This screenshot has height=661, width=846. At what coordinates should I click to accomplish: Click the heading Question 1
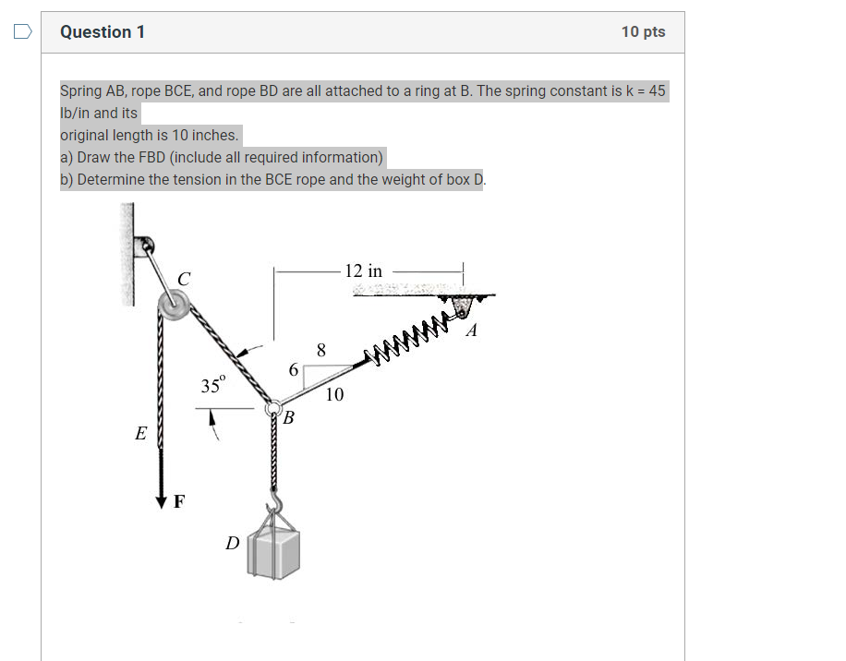(103, 32)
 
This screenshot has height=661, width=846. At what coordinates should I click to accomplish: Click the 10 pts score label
(643, 32)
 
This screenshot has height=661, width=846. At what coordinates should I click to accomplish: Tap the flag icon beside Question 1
(22, 32)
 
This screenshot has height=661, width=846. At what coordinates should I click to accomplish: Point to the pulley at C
(172, 304)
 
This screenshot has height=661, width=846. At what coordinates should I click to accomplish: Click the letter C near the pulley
(185, 278)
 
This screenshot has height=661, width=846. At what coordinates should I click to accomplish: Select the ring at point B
(273, 408)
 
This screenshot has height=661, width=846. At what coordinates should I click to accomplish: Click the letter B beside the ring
(288, 419)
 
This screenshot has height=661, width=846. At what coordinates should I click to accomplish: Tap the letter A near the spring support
(471, 331)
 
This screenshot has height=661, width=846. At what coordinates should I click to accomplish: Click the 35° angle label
(212, 386)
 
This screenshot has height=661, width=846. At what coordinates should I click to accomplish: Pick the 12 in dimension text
(363, 271)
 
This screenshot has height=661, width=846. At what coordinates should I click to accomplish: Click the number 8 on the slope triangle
(320, 351)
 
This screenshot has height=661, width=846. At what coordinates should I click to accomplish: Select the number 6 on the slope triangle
(294, 370)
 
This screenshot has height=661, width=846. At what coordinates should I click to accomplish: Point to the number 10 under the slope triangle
(334, 395)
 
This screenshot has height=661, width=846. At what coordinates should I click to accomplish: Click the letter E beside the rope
(140, 433)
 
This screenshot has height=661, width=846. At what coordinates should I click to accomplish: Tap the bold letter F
(179, 503)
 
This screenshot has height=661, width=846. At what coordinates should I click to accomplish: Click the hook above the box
(274, 504)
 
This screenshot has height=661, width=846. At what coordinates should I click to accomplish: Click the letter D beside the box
(234, 544)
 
